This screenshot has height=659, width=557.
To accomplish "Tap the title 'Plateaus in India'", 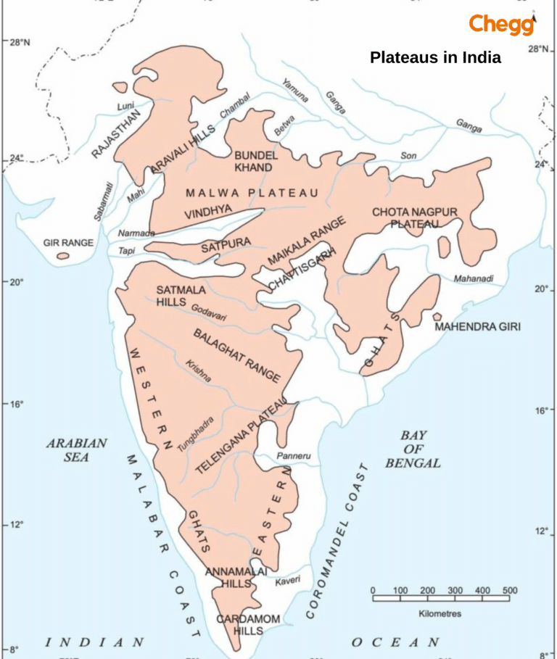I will pyautogui.click(x=435, y=58).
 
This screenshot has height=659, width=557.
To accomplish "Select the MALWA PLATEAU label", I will pyautogui.click(x=252, y=193).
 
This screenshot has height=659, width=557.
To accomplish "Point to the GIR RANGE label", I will pyautogui.click(x=68, y=243).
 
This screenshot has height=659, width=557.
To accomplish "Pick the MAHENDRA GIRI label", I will pyautogui.click(x=477, y=327).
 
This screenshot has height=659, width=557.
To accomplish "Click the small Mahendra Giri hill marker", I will pyautogui.click(x=437, y=317).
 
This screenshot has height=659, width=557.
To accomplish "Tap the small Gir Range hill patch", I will pyautogui.click(x=63, y=256).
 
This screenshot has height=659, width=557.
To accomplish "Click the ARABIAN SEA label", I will pyautogui.click(x=77, y=449).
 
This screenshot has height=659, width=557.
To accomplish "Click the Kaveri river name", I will pyautogui.click(x=287, y=580).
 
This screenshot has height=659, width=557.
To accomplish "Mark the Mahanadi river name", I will pyautogui.click(x=474, y=278).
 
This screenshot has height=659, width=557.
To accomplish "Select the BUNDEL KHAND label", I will pyautogui.click(x=253, y=162).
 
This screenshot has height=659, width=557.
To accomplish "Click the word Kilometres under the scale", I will pyautogui.click(x=440, y=613).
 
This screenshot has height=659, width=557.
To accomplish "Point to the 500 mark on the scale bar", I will pyautogui.click(x=510, y=590).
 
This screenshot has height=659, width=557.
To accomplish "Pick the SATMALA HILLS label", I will pyautogui.click(x=181, y=295).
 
